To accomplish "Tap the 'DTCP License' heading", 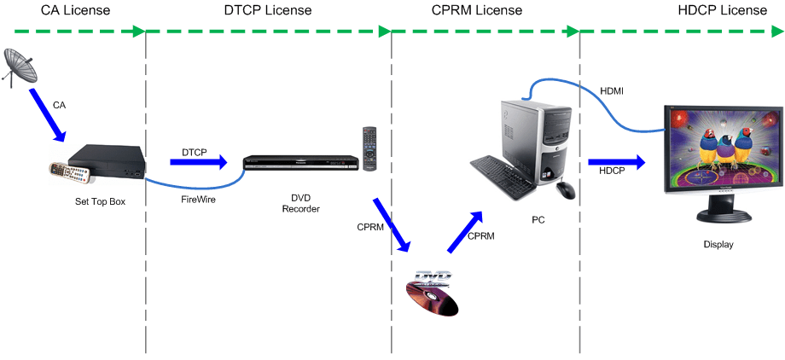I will coord(269,10).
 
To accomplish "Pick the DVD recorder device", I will coord(299,165).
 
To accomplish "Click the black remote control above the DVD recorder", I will coord(369,148).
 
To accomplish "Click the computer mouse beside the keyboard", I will coord(565,189).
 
